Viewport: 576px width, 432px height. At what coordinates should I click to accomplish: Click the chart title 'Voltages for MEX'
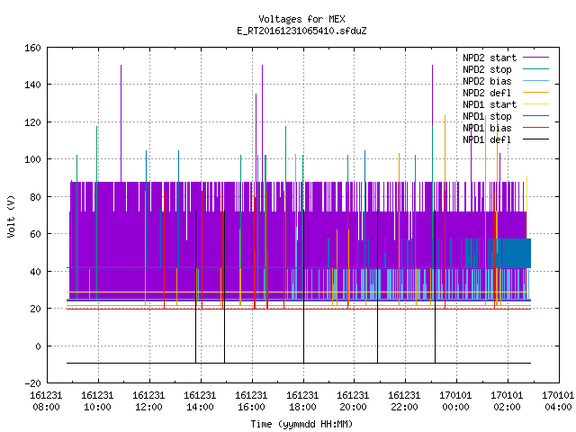pyautogui.click(x=301, y=19)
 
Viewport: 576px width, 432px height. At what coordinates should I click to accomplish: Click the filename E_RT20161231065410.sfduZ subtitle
pyautogui.click(x=301, y=31)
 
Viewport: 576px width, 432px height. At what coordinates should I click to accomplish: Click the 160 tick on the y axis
pyautogui.click(x=32, y=48)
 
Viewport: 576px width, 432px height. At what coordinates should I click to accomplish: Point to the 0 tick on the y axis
pyautogui.click(x=38, y=346)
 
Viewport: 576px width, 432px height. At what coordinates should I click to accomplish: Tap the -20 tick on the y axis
pyautogui.click(x=32, y=383)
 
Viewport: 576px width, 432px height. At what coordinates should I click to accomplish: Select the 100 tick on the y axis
pyautogui.click(x=32, y=159)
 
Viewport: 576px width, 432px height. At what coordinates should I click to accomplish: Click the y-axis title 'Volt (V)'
pyautogui.click(x=11, y=216)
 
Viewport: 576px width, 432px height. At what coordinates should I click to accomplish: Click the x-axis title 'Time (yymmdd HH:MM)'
pyautogui.click(x=301, y=424)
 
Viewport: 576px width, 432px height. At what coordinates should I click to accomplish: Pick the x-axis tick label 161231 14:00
pyautogui.click(x=200, y=401)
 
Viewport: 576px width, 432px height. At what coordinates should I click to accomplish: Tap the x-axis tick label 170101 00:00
pyautogui.click(x=455, y=401)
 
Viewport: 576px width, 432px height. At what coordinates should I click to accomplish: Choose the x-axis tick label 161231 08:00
pyautogui.click(x=46, y=401)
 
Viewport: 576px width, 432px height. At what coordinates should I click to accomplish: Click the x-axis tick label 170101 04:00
pyautogui.click(x=558, y=401)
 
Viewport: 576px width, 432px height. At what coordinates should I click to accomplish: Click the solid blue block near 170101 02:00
pyautogui.click(x=516, y=253)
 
